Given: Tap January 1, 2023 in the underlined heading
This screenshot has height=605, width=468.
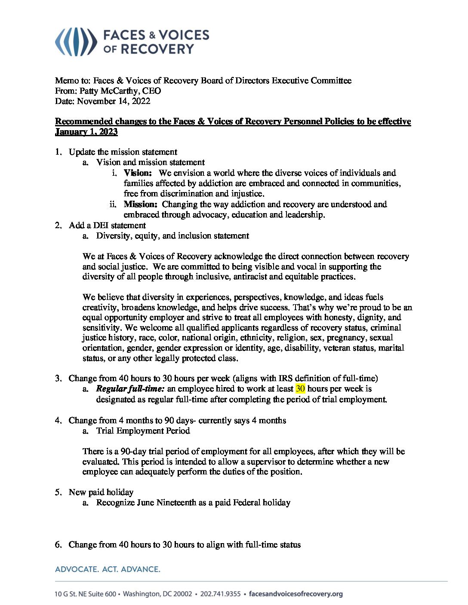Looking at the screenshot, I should pyautogui.click(x=86, y=132).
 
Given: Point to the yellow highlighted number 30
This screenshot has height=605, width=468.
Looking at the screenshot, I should pyautogui.click(x=300, y=389).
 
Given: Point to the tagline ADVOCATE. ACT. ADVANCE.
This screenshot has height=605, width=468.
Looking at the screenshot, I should pyautogui.click(x=108, y=569).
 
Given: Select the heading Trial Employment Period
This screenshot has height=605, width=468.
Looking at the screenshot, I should pyautogui.click(x=143, y=431).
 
